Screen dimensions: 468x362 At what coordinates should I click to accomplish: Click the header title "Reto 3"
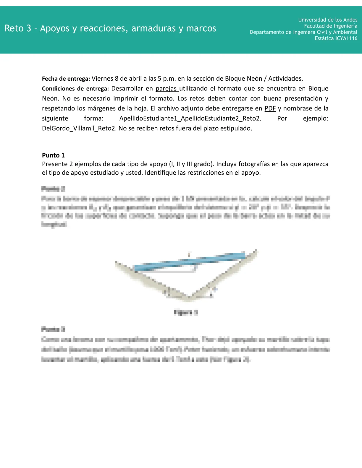pyautogui.click(x=18, y=28)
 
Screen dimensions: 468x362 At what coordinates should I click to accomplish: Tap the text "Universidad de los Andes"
pyautogui.click(x=328, y=20)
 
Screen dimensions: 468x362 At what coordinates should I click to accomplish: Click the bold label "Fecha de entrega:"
pyautogui.click(x=66, y=79)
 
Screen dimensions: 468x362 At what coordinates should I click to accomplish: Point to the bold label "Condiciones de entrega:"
pyautogui.click(x=75, y=89)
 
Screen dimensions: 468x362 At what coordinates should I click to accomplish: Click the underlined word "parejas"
pyautogui.click(x=167, y=89)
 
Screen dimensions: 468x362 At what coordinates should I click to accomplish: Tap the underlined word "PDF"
pyautogui.click(x=270, y=108)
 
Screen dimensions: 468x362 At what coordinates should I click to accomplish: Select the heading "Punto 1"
pyautogui.click(x=53, y=155)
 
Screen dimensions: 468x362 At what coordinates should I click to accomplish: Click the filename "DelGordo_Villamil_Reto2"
pyautogui.click(x=79, y=129)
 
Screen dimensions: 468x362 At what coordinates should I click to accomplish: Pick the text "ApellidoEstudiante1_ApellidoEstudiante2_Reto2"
pyautogui.click(x=190, y=118)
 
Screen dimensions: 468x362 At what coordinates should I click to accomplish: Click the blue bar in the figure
pyautogui.click(x=189, y=261)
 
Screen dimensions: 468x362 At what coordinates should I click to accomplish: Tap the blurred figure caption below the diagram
pyautogui.click(x=186, y=313)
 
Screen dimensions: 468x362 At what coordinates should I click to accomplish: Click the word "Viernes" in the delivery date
pyautogui.click(x=102, y=79)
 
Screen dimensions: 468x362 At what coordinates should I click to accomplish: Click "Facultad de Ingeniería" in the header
pyautogui.click(x=331, y=26)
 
